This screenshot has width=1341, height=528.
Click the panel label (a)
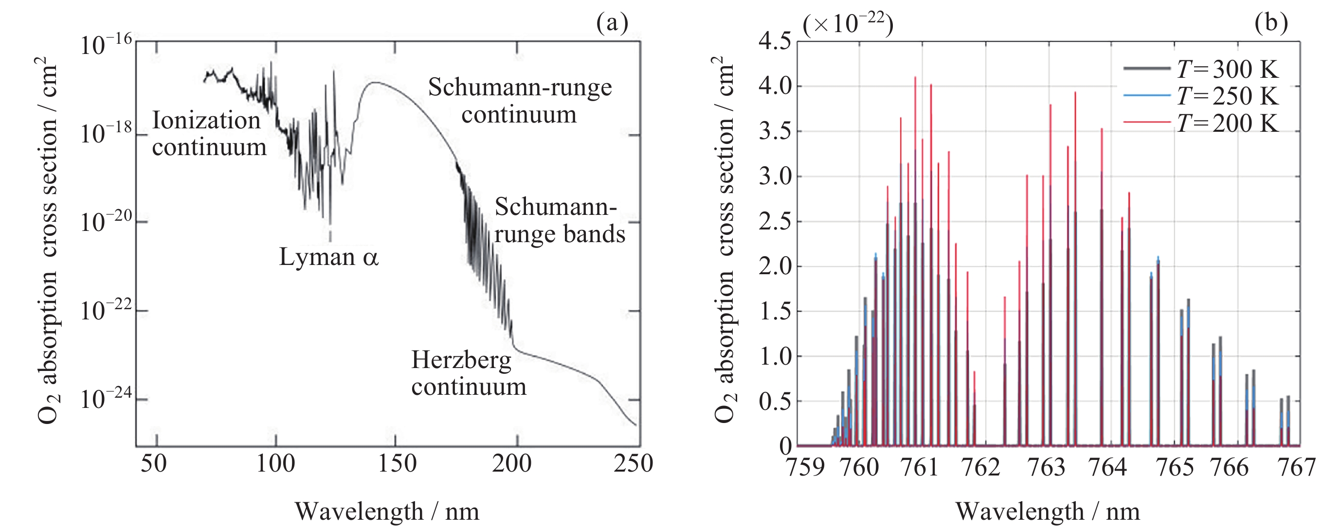(x=612, y=23)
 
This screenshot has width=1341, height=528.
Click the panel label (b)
(x=1271, y=23)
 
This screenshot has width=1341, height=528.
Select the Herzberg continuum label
(x=469, y=373)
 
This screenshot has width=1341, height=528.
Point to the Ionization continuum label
(x=209, y=134)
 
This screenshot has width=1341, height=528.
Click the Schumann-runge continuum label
(x=520, y=101)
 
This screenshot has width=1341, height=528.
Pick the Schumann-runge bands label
(x=559, y=221)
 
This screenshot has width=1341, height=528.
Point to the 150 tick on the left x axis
(x=397, y=464)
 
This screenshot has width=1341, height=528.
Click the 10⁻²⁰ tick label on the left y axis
(x=106, y=223)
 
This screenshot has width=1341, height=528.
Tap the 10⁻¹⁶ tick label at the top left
(x=106, y=45)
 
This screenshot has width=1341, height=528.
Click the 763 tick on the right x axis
(x=1046, y=467)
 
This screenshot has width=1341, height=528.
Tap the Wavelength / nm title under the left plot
(x=387, y=512)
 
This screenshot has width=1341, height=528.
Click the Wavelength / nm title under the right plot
(x=1048, y=512)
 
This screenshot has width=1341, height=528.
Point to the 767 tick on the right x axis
(x=1297, y=467)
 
